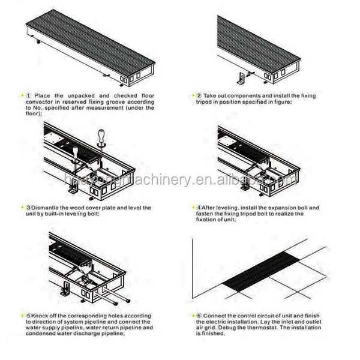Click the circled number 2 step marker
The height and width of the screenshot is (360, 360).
click(199, 95)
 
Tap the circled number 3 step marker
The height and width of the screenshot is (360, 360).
click(28, 207)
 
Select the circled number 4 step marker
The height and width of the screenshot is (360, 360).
click(199, 207)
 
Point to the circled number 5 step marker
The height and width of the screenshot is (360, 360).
click(28, 315)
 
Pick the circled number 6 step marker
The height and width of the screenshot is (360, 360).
click(199, 315)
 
